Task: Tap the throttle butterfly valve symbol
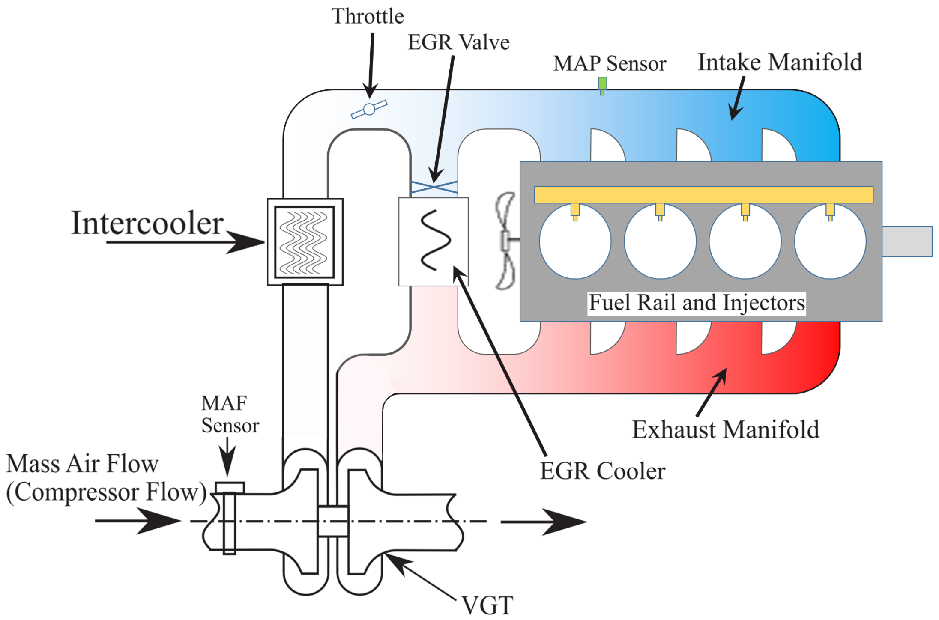tap(369, 109)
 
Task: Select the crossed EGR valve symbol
tap(434, 187)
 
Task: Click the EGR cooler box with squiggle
tap(433, 241)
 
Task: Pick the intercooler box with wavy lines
tap(305, 242)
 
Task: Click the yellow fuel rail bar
tap(703, 195)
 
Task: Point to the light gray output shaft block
tap(907, 241)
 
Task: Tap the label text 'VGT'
tap(487, 605)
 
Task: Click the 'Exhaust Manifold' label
tap(725, 430)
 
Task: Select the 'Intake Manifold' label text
tap(780, 63)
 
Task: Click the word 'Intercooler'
tap(147, 224)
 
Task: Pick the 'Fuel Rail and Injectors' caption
tap(697, 303)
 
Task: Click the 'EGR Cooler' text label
tap(602, 471)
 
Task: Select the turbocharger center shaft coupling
tap(333, 521)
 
